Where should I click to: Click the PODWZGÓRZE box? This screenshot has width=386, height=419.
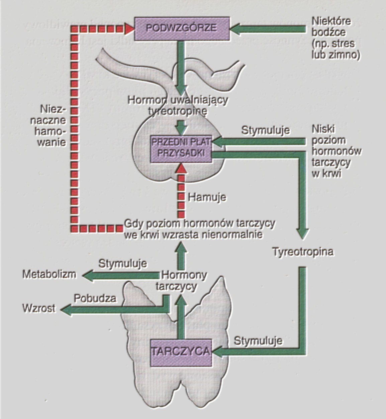click(x=182, y=28)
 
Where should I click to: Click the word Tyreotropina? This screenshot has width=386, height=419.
click(x=303, y=252)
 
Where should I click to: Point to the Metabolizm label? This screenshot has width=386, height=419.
click(x=49, y=275)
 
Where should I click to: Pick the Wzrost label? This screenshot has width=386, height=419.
click(x=39, y=308)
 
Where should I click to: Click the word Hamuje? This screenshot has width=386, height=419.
click(x=207, y=197)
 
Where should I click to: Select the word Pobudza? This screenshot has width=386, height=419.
click(x=95, y=298)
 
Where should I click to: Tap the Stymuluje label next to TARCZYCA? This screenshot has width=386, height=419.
click(x=258, y=341)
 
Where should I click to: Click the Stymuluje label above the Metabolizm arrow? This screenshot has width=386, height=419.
click(x=122, y=263)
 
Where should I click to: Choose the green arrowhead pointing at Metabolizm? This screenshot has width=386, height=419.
click(x=88, y=275)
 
